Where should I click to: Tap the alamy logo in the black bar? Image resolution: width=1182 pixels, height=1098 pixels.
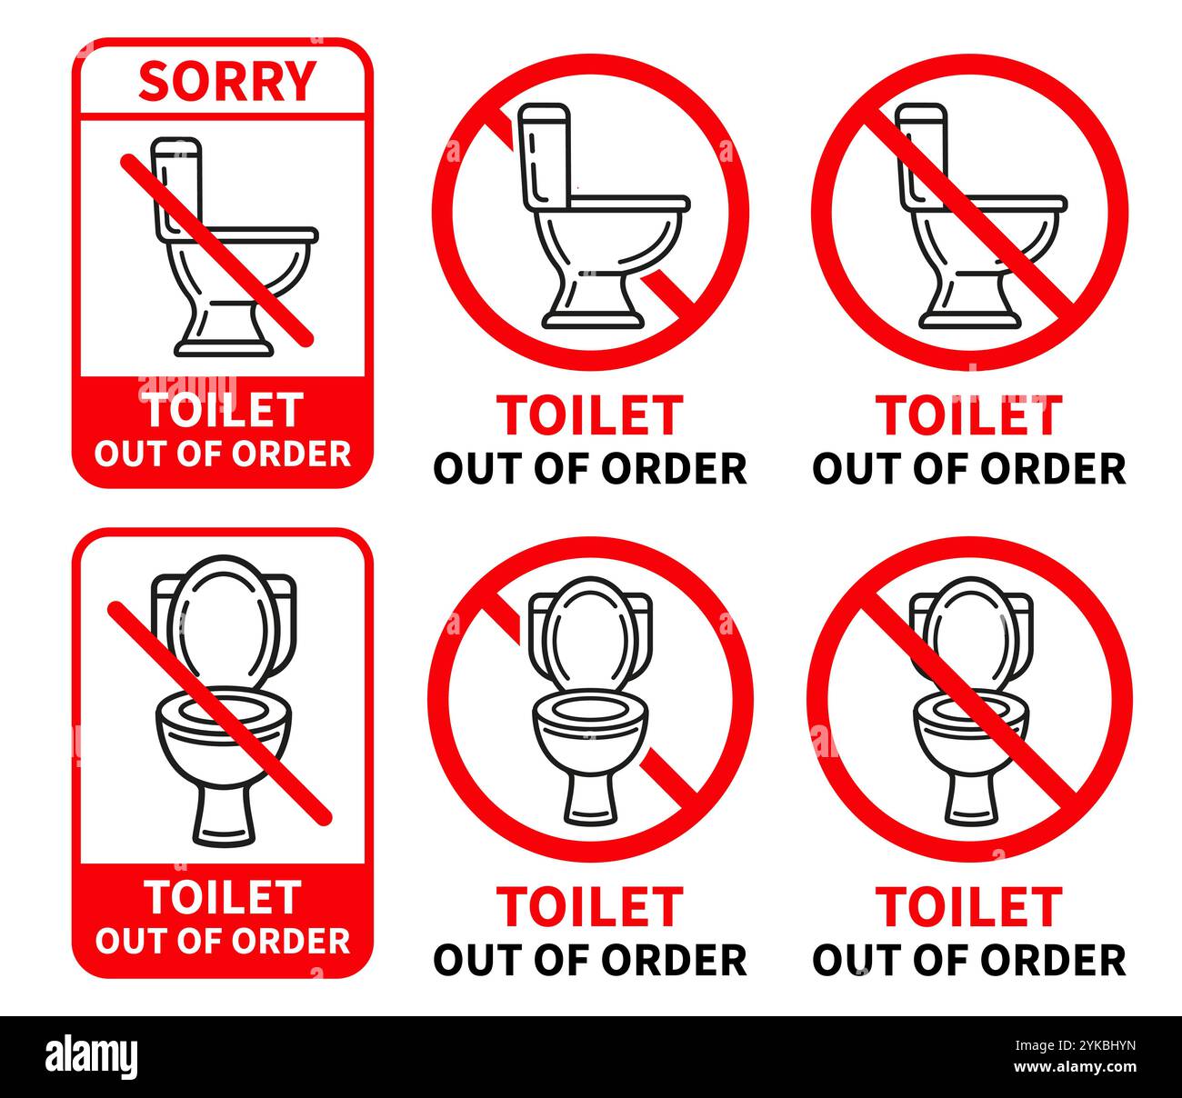point(92,1057)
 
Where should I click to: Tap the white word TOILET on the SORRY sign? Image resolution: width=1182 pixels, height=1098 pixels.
point(224,411)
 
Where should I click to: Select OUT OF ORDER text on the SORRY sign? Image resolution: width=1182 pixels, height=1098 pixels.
point(222,453)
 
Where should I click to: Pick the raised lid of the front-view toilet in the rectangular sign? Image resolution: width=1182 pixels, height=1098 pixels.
point(224,618)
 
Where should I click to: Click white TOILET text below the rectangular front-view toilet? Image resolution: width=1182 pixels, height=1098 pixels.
point(224,898)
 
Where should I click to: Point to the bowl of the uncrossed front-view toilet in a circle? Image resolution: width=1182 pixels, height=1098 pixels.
point(589,727)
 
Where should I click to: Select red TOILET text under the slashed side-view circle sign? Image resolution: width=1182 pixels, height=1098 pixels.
point(968,415)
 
